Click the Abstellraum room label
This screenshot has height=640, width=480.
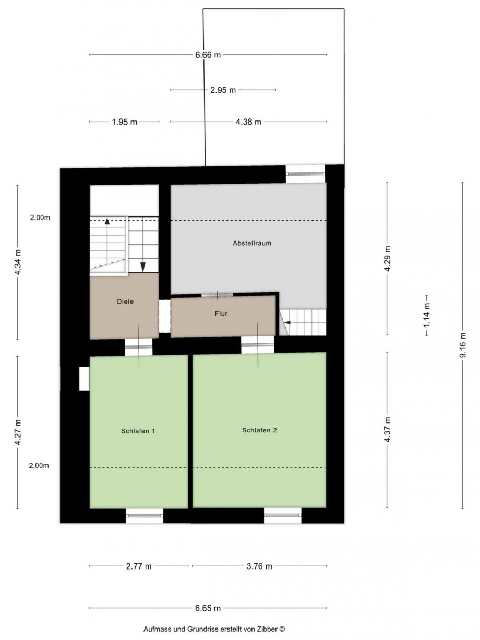252,243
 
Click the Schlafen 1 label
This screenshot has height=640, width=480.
138,431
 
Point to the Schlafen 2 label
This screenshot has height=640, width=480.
259,430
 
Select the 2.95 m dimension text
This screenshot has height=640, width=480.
223,90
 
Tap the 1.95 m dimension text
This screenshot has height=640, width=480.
124,122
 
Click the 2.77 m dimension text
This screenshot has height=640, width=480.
139,566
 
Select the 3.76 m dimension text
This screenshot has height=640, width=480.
259,566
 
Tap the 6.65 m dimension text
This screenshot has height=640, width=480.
208,608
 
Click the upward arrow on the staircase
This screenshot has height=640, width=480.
107,221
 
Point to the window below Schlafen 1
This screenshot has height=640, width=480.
145,516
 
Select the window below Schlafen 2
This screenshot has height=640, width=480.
282,516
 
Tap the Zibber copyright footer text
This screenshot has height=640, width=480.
214,630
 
